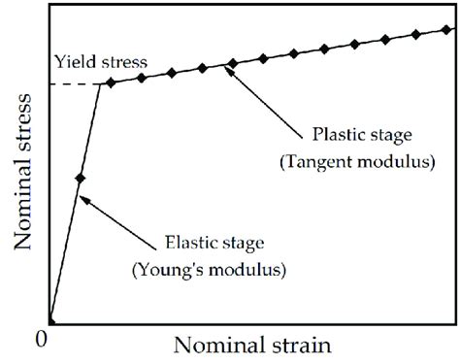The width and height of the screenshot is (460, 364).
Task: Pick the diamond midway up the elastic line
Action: [x=80, y=179]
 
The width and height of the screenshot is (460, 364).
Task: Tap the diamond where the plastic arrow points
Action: [x=232, y=65]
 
